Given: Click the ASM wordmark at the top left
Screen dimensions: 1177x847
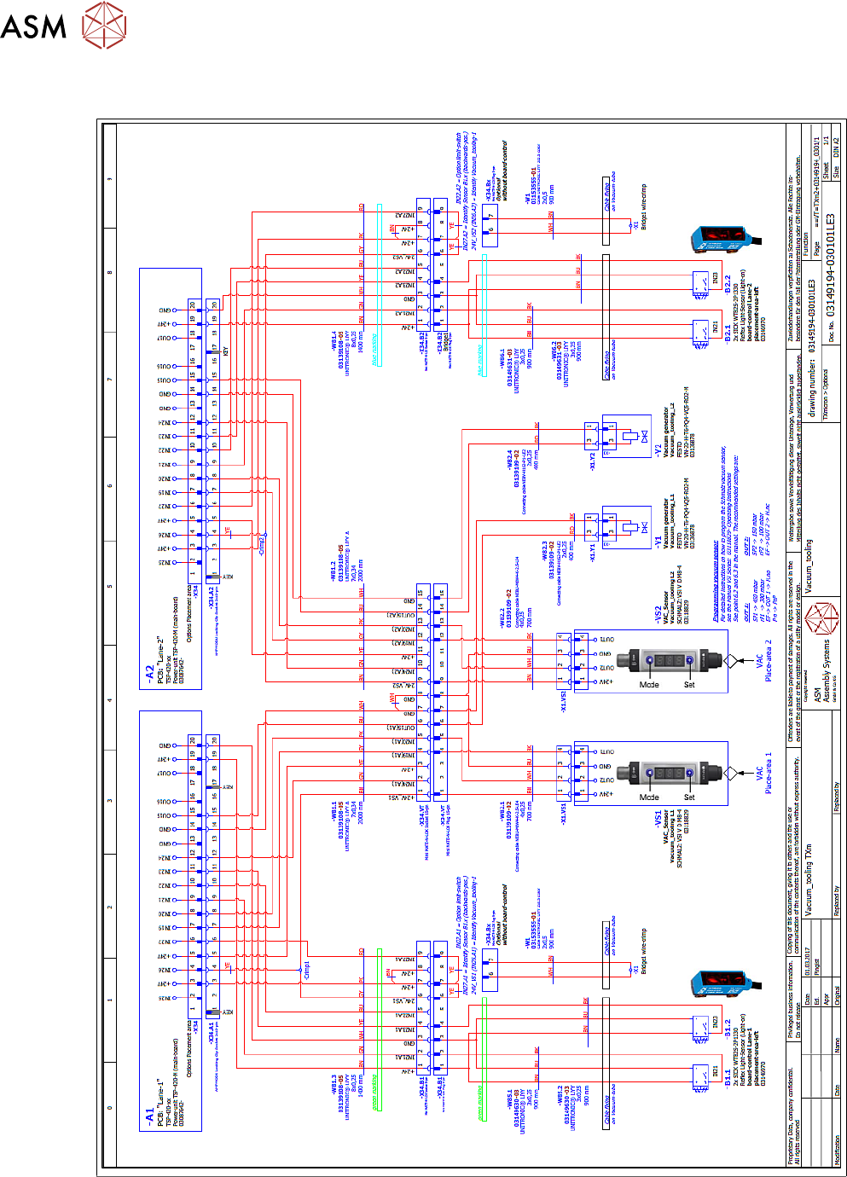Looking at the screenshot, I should (x=33, y=25).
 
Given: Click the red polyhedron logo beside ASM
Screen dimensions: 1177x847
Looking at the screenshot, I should (x=104, y=24).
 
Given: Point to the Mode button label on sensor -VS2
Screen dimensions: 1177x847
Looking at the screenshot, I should (x=649, y=685).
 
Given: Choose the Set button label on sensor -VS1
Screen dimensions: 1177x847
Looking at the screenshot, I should (x=689, y=797).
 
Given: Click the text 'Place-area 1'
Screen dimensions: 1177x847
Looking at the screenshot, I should (x=769, y=773).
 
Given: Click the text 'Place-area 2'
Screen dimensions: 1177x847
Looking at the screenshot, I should (x=769, y=660).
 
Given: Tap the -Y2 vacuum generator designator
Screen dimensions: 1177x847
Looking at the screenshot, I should (x=658, y=449).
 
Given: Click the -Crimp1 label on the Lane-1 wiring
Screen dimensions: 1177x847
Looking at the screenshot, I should (x=306, y=969).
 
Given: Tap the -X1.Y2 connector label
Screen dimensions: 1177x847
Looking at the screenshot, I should (x=593, y=460).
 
